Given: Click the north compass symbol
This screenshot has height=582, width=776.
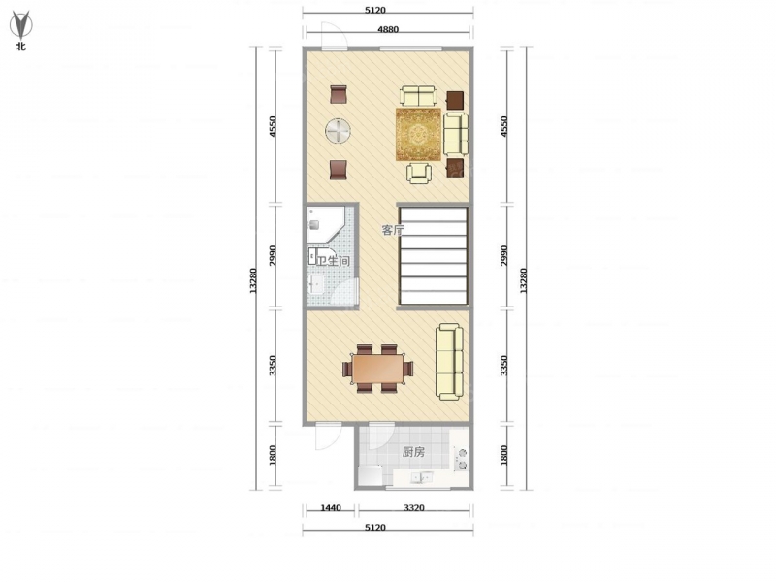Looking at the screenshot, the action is [21, 26].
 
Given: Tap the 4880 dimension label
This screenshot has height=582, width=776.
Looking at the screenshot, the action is [388, 29].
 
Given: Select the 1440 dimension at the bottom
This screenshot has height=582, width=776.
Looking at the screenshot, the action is [331, 507].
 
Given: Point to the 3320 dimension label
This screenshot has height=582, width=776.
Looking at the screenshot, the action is [414, 507].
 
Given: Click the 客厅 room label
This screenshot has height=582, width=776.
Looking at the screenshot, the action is [393, 230].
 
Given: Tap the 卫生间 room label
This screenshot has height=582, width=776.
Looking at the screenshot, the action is [333, 261].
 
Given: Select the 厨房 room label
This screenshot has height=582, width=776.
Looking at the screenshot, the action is [413, 451].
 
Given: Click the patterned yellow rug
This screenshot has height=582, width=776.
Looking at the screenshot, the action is [418, 134].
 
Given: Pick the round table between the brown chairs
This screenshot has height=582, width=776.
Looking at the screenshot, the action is [338, 131].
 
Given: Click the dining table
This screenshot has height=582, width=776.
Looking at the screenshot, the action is [378, 369].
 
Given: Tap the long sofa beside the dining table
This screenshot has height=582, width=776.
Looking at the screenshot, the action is [449, 361].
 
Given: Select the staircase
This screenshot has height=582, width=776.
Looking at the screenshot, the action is [434, 255].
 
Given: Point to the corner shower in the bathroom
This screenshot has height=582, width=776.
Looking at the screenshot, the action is [325, 225].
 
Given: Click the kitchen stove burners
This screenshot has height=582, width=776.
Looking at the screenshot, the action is [463, 459].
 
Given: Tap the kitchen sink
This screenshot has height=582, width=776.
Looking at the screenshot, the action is [421, 477].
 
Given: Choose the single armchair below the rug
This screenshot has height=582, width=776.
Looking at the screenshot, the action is [419, 174].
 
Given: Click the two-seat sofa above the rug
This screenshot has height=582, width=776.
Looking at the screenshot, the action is [419, 95].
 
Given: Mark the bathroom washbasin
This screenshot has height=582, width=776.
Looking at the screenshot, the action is [314, 284].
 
